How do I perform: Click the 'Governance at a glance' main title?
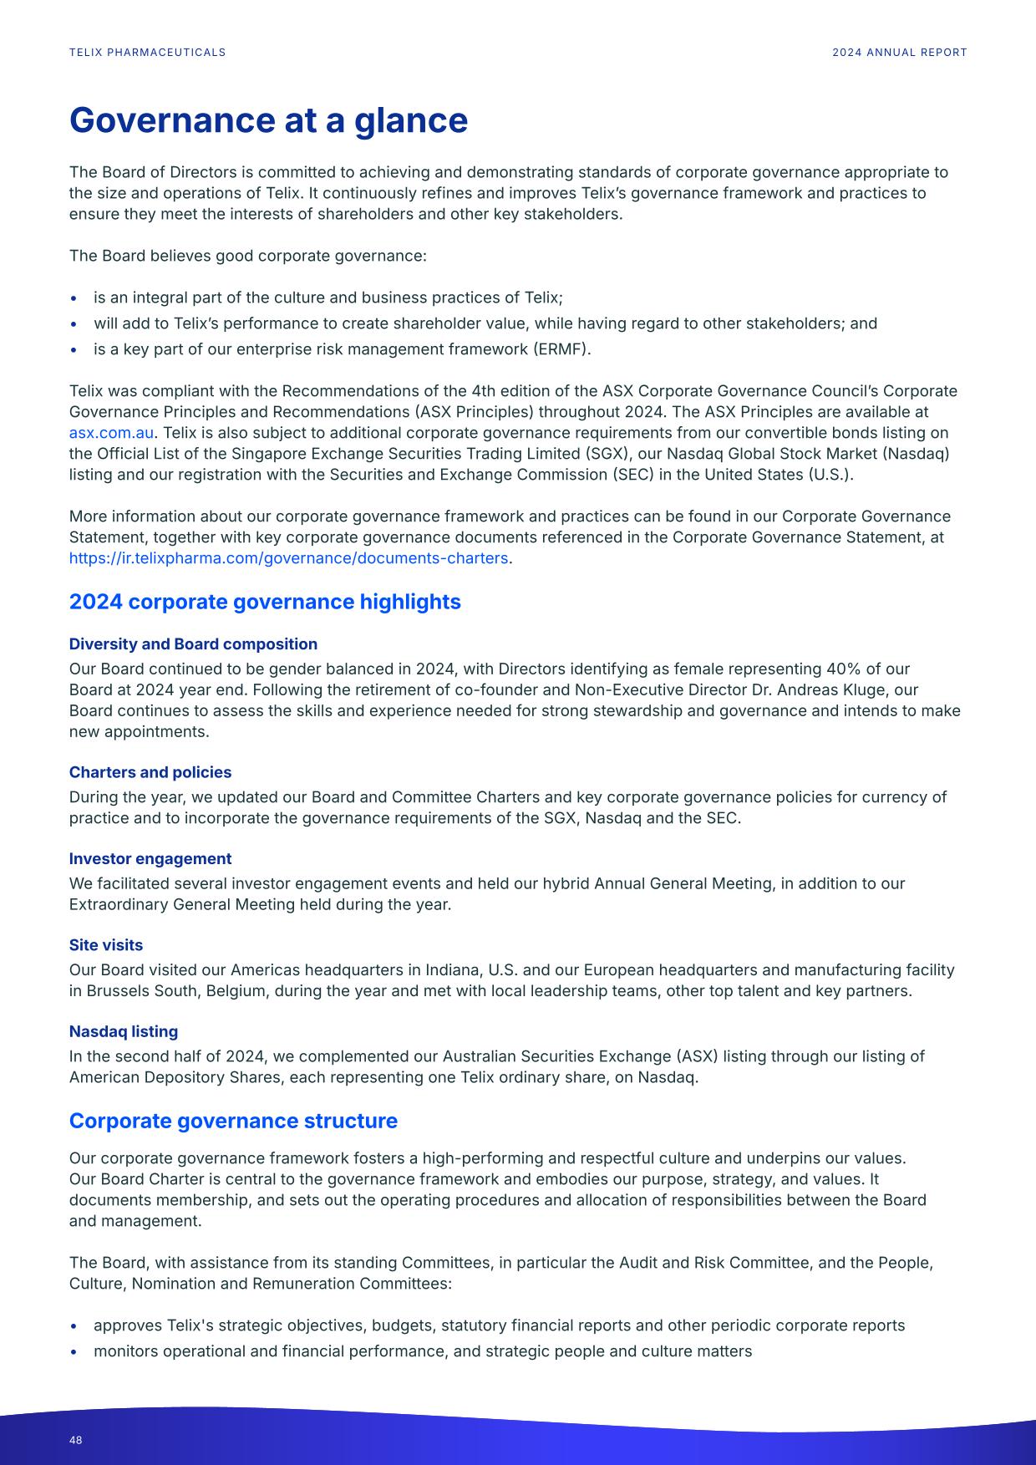coord(268,120)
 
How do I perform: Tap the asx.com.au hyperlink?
coord(111,433)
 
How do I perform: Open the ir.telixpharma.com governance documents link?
coord(288,558)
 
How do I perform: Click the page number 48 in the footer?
coord(76,1440)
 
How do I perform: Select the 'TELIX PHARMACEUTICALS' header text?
coord(147,53)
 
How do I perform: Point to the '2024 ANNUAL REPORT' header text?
coord(899,53)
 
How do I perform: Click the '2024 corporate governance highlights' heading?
coord(265,602)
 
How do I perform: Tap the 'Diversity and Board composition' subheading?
coord(193,644)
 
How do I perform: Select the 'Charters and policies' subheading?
coord(150,772)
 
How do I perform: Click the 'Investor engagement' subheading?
coord(150,859)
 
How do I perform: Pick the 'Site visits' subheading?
coord(106,945)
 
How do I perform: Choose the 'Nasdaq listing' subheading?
coord(124,1031)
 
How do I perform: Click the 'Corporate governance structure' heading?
coord(233,1121)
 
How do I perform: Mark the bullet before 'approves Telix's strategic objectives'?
coord(74,1326)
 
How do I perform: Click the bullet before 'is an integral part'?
coord(74,298)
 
